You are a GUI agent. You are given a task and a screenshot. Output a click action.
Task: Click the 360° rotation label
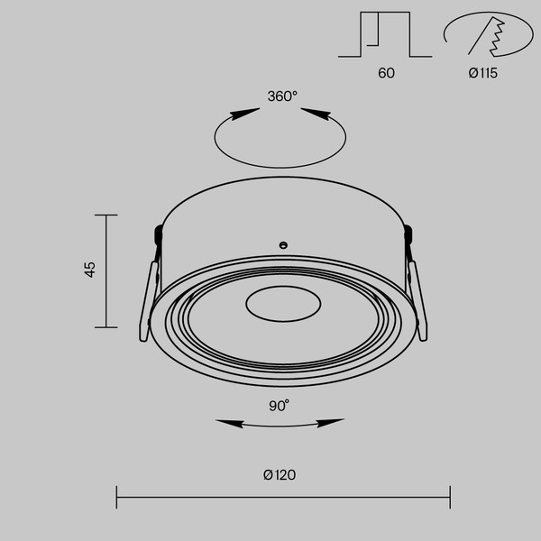click(x=281, y=96)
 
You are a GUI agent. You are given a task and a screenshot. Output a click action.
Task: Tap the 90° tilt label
click(x=279, y=406)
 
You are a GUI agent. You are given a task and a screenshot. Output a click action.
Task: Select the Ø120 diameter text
click(x=280, y=475)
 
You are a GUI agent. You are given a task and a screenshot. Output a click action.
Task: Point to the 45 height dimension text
click(x=89, y=270)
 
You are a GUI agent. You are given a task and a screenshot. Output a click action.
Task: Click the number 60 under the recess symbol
click(x=386, y=73)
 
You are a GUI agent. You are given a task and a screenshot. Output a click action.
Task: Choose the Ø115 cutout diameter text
click(x=483, y=73)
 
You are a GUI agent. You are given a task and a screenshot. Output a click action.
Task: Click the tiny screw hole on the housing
click(x=282, y=244)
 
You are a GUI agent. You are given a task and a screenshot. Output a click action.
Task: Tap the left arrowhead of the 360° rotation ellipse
click(x=239, y=115)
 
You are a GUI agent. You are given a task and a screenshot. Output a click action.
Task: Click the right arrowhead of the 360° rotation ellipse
click(x=316, y=114)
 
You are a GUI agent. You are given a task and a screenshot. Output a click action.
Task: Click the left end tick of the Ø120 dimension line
click(x=117, y=496)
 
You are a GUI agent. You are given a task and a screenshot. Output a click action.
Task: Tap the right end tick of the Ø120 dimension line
click(x=450, y=496)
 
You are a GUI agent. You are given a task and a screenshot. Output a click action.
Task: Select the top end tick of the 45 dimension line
click(x=106, y=215)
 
